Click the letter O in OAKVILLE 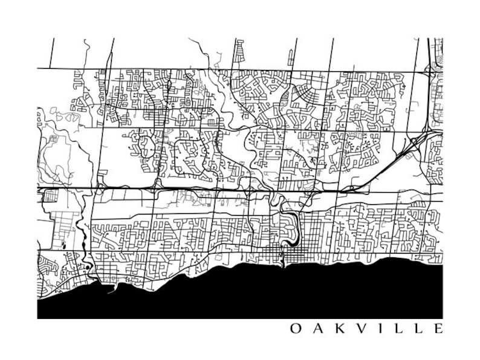(x=294, y=329)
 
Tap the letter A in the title (x=316, y=329)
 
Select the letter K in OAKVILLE (x=337, y=329)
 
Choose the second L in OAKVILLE (x=417, y=329)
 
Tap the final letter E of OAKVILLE (x=438, y=329)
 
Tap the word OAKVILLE (x=366, y=329)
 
